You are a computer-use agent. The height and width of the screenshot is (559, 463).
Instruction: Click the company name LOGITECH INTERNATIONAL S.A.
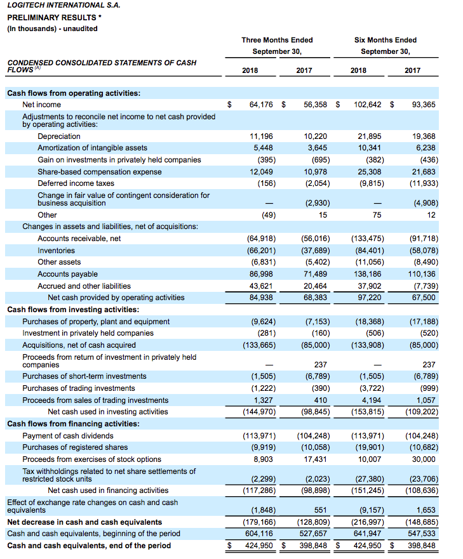pos(64,5)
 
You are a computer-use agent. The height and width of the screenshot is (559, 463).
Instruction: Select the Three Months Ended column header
pos(277,40)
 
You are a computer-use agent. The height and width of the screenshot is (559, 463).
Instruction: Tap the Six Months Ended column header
pos(386,40)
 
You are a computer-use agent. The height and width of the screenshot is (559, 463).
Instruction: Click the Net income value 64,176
pos(261,105)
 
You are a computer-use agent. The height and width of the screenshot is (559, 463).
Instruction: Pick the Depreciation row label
pos(59,136)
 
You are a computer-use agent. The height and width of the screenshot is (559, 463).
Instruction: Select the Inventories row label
pos(56,251)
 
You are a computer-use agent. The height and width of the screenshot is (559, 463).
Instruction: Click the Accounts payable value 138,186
pos(370,274)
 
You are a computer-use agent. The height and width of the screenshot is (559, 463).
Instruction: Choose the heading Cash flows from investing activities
pos(73,310)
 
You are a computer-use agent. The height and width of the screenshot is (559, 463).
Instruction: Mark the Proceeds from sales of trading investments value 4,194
pos(372,400)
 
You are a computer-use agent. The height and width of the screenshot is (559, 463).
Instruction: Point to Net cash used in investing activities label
pos(108,412)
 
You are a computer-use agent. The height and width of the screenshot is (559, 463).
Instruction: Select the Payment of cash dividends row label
pos(68,436)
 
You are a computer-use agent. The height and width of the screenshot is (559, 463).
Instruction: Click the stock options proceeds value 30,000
pos(424,459)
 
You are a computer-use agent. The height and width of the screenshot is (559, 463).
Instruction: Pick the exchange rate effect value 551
pos(321,510)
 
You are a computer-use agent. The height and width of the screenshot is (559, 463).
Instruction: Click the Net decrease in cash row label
pos(84,522)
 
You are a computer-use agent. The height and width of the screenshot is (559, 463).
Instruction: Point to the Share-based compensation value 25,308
pos(370,172)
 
